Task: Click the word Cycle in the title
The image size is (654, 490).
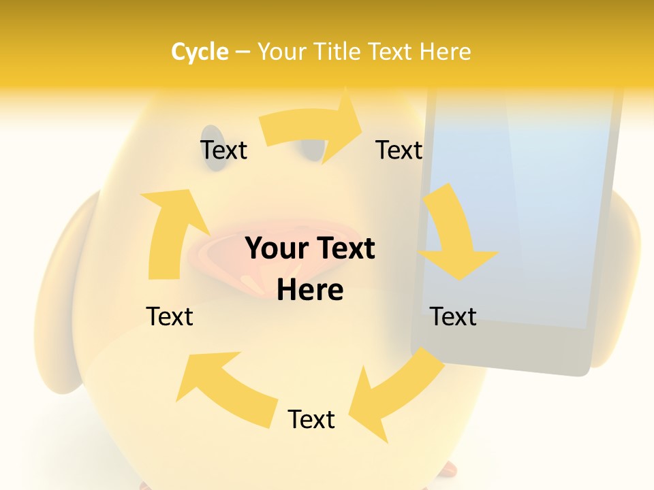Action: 200,52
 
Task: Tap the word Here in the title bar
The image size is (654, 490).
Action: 445,52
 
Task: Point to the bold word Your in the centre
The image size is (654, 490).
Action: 277,248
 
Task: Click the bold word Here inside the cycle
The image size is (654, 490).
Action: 310,290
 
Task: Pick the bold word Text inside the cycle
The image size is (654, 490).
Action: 344,248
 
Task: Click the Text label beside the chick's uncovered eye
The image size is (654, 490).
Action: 223,150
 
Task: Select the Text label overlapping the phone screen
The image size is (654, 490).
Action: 453,316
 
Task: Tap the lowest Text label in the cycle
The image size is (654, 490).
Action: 311,419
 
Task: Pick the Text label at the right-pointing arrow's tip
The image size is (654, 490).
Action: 399,150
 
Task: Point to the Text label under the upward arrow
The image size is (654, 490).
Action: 170,316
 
